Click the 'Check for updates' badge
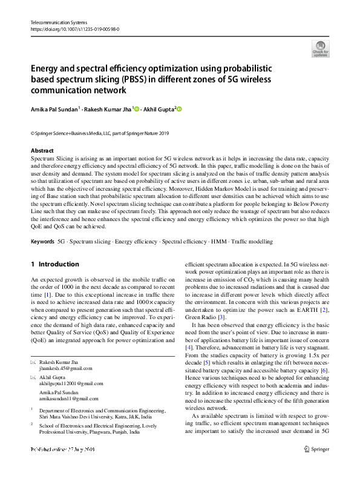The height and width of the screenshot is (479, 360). (x=320, y=48)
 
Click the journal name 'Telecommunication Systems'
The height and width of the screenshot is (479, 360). (x=56, y=22)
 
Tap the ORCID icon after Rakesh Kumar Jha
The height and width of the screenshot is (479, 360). (x=137, y=109)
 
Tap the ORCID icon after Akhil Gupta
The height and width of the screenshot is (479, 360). (x=179, y=109)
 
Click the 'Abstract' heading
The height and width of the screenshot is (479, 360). (x=42, y=150)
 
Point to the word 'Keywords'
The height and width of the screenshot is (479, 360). (x=42, y=242)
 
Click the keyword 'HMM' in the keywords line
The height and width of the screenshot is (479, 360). (x=218, y=242)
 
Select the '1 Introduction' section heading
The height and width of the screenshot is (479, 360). (x=54, y=264)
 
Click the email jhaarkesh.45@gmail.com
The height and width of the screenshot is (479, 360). (x=65, y=368)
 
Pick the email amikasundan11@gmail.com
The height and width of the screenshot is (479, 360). (x=68, y=398)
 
